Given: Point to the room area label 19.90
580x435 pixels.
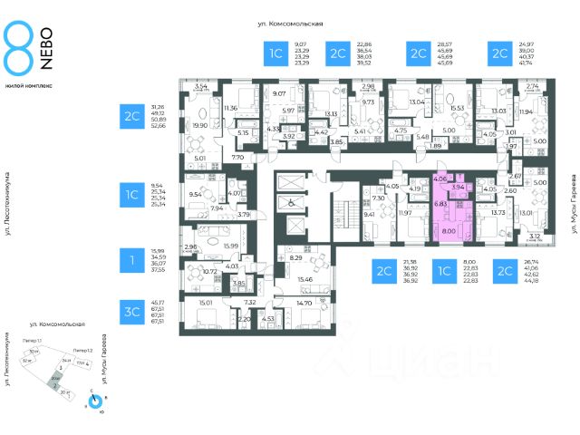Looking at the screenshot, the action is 199,126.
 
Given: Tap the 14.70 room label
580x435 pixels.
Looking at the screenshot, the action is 304,303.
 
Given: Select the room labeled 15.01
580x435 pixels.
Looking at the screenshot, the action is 205,303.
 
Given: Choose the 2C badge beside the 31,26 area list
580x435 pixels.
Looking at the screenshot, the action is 131,116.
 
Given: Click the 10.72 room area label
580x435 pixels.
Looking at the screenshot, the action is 208,271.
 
